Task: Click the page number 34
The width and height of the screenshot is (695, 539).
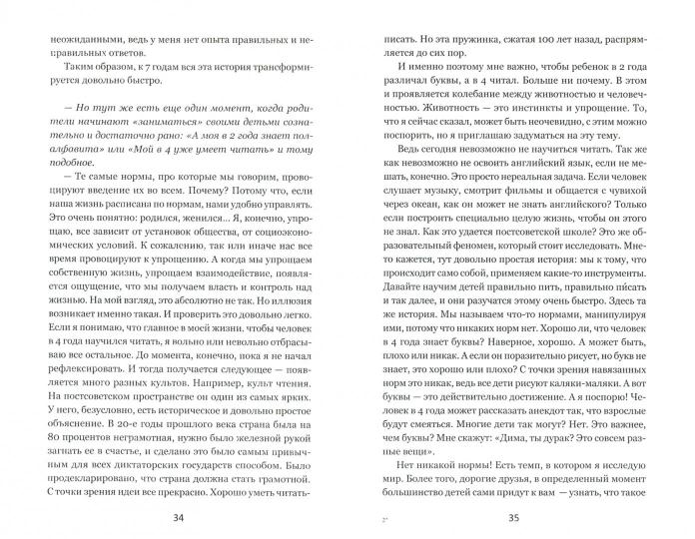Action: click(179, 517)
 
